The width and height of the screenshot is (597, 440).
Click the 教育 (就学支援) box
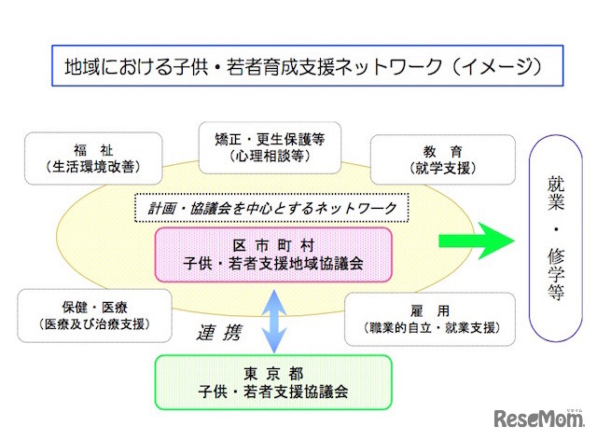coord(442,158)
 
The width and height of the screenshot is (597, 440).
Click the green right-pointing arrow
coord(476,241)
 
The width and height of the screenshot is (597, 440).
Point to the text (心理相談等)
coord(269,157)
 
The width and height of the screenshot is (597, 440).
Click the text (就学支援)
coord(442,168)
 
